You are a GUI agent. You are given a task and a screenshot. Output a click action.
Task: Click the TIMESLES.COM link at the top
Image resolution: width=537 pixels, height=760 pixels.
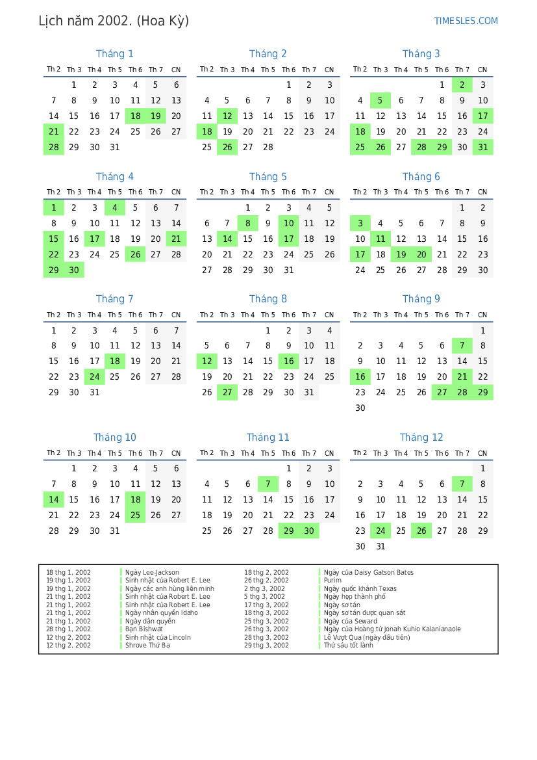466,21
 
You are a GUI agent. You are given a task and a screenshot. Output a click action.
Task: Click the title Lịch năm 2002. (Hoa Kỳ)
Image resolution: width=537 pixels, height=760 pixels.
114,21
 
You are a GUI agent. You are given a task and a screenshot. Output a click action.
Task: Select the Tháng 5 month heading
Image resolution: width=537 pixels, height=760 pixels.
268,177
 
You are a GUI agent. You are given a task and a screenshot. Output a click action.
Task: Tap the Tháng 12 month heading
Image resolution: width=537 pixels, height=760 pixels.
421,438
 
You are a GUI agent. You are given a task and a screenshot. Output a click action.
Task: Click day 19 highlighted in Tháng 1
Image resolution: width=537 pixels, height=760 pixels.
156,116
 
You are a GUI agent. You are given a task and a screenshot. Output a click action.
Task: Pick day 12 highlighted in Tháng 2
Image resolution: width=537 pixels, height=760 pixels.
227,116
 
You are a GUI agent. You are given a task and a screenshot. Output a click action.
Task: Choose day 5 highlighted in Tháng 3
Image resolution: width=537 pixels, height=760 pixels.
381,100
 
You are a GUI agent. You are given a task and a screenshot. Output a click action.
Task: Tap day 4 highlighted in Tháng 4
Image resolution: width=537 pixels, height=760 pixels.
115,208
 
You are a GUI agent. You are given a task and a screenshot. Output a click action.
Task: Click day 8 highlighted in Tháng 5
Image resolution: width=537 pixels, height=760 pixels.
247,223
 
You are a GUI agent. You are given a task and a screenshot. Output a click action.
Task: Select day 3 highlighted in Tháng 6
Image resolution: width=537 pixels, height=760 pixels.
360,223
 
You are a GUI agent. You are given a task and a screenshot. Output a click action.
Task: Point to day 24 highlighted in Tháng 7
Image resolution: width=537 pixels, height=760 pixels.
95,376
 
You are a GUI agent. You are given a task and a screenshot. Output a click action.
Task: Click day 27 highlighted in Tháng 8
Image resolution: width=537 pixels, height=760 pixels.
227,392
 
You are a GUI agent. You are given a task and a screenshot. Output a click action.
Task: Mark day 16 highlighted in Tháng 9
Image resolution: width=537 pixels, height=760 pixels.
360,376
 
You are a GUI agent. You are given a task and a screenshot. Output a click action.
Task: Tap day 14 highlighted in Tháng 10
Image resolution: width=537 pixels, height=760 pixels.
54,499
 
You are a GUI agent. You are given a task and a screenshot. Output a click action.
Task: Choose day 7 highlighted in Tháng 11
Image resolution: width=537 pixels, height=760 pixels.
268,484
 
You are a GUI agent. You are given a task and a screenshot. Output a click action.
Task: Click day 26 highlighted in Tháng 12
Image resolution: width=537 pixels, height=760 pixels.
421,531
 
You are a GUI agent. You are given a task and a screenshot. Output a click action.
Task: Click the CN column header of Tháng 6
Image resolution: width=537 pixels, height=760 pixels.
482,192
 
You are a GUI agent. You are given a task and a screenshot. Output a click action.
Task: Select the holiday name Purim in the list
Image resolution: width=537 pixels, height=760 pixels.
332,581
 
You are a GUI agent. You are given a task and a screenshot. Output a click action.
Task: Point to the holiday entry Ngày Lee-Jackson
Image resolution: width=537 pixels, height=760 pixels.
152,573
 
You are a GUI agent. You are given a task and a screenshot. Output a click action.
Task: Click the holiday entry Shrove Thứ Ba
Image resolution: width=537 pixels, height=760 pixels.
147,646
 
